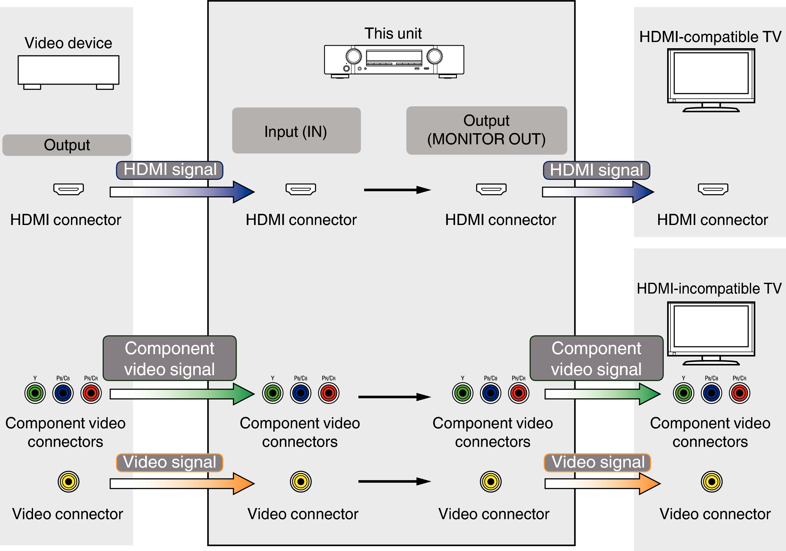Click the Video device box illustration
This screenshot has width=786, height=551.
[69, 71]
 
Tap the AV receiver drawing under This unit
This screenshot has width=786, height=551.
[394, 61]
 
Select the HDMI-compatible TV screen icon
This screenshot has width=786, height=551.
[711, 79]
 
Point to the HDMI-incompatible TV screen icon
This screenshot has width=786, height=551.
[711, 332]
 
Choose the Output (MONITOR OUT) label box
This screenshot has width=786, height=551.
[486, 130]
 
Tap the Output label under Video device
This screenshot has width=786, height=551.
[67, 145]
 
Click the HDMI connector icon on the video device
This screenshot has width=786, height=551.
[69, 189]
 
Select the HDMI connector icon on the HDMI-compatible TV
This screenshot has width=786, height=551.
[713, 189]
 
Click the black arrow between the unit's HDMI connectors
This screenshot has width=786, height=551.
[397, 190]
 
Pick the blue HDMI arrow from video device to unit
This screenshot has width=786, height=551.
[182, 192]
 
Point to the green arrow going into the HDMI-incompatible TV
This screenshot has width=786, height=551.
[603, 394]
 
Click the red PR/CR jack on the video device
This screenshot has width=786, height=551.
[91, 393]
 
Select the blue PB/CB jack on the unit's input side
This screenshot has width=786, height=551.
[301, 393]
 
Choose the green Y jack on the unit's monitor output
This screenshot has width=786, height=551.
[462, 393]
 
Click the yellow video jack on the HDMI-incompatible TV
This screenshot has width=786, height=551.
[712, 481]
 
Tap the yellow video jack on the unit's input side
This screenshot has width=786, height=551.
[301, 481]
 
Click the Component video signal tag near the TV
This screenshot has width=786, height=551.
[596, 358]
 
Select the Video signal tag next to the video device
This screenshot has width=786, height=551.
[169, 463]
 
